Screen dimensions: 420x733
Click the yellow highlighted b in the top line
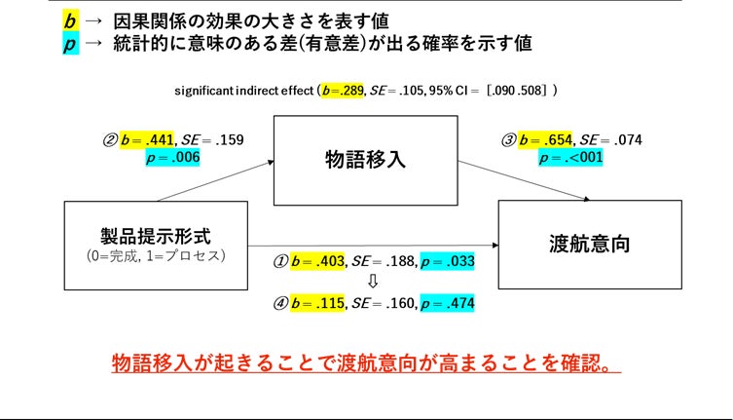click(x=69, y=19)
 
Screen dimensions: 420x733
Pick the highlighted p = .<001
click(x=571, y=158)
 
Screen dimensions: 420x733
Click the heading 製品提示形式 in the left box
click(x=155, y=235)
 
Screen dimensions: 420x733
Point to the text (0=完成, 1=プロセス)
click(x=155, y=255)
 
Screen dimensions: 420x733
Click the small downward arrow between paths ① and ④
click(x=371, y=282)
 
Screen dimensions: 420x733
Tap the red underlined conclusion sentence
click(x=365, y=363)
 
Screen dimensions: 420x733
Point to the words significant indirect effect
click(x=244, y=91)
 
